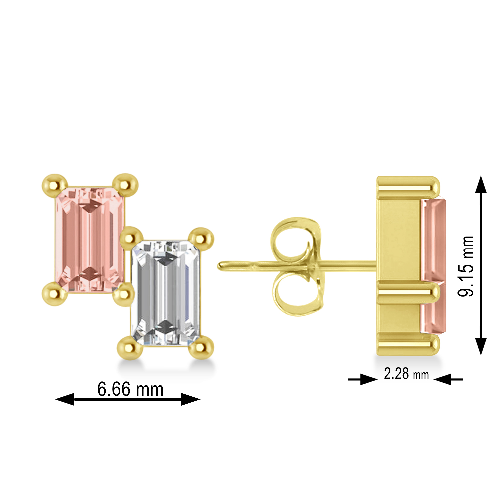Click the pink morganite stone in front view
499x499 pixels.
89,240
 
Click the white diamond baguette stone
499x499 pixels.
166,293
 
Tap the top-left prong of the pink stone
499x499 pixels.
55,185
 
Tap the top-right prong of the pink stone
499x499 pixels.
125,184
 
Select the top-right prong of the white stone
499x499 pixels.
201,238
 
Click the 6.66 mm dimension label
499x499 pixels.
130,389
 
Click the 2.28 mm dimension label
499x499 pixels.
406,374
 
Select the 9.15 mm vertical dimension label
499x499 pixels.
466,266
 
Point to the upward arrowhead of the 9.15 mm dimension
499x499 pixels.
481,185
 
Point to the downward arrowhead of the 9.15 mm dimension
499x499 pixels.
481,346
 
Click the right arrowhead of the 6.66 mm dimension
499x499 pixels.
190,399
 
